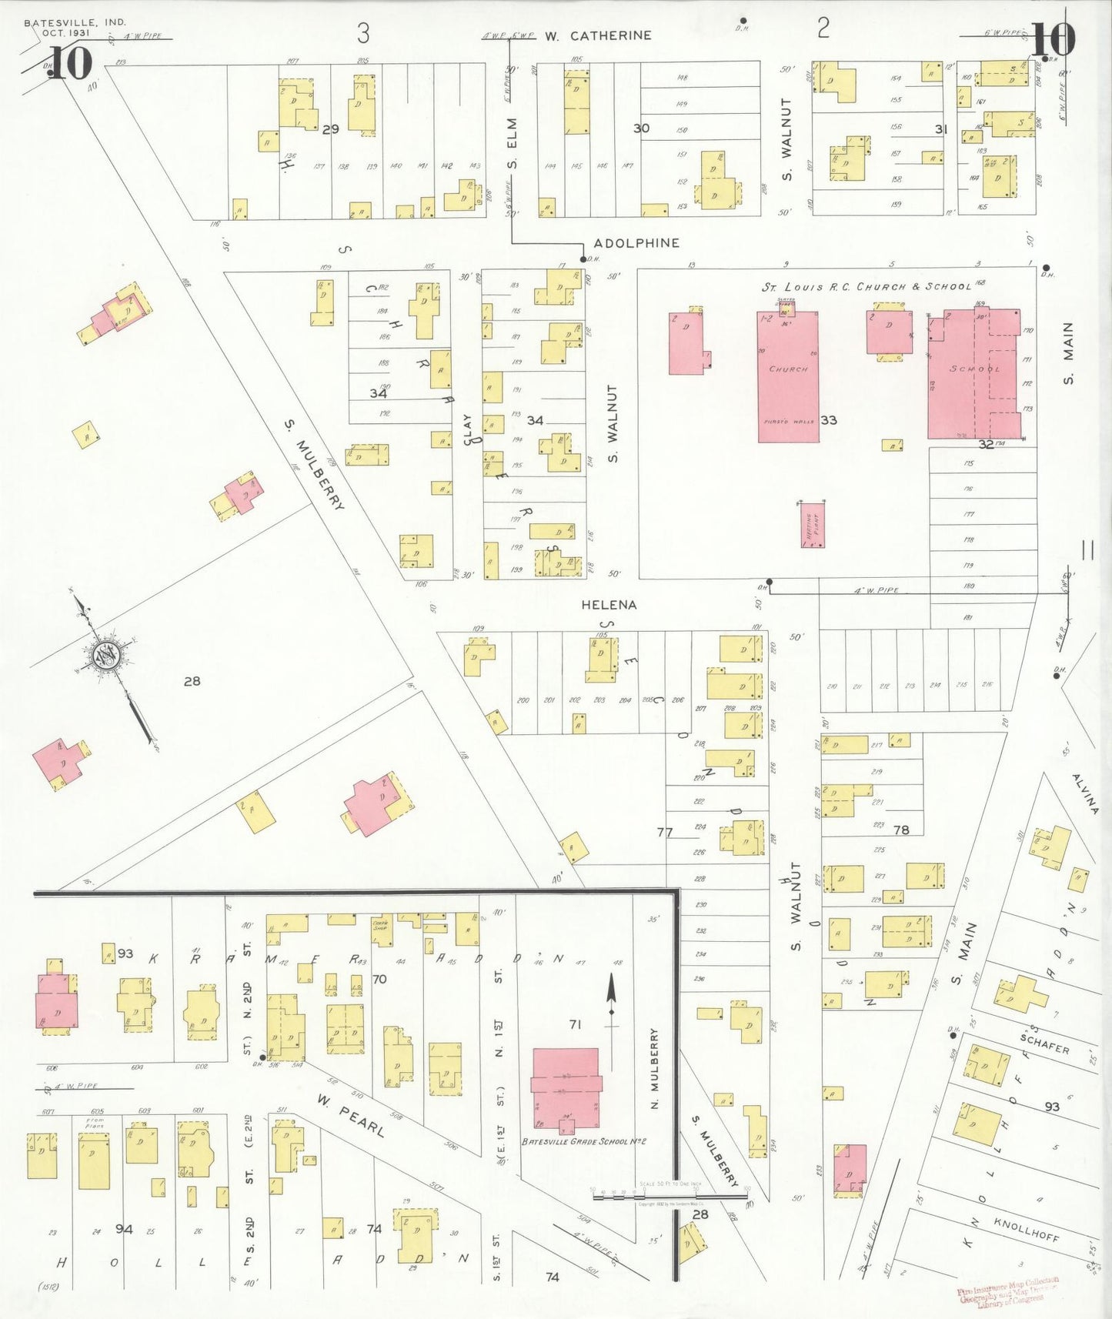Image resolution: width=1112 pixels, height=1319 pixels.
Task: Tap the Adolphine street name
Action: click(x=636, y=243)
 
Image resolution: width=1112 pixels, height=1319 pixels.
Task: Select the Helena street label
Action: click(x=609, y=605)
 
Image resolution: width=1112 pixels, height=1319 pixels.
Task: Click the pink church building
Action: click(x=788, y=376)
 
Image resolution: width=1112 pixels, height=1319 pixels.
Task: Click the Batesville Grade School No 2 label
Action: click(x=583, y=1142)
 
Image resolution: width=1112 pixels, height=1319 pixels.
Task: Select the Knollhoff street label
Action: click(x=1026, y=1229)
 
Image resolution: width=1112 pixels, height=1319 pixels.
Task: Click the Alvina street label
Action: click(x=1085, y=793)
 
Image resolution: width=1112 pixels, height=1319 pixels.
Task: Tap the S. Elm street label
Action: click(x=513, y=143)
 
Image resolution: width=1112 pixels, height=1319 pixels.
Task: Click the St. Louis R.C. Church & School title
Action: click(x=867, y=286)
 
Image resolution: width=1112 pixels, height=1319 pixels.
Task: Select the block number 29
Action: click(x=331, y=129)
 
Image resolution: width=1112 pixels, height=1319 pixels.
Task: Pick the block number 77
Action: click(x=665, y=832)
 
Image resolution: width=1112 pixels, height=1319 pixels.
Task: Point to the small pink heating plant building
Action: click(x=813, y=525)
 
